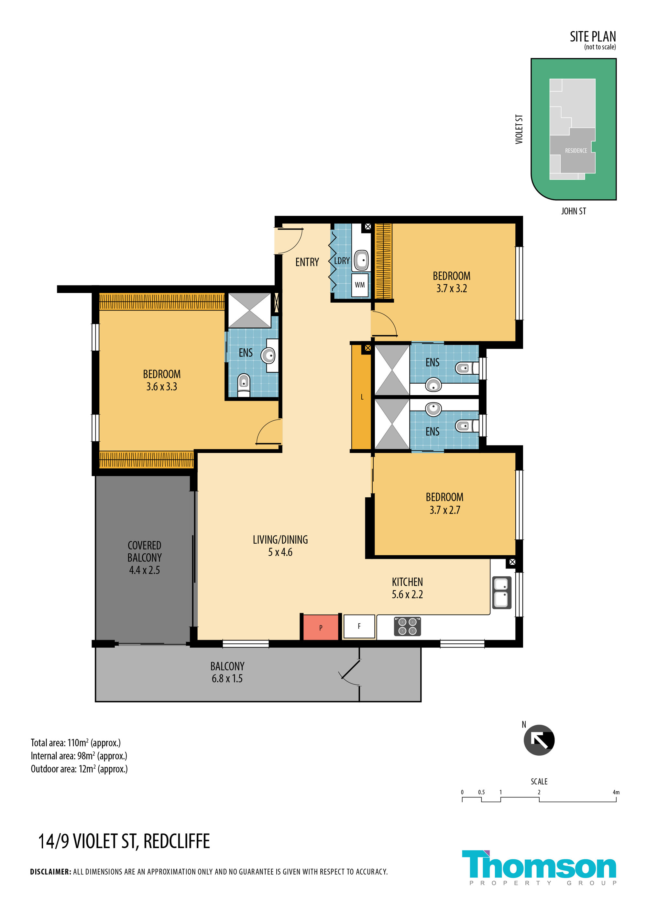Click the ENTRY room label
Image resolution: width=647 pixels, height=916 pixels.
[307, 262]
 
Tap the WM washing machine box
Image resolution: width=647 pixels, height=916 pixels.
[360, 285]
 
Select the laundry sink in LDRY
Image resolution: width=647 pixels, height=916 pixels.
[362, 261]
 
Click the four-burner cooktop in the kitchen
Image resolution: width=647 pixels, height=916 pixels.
[407, 626]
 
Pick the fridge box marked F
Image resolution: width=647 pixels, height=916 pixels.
[359, 626]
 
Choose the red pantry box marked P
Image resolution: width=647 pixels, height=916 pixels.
[321, 628]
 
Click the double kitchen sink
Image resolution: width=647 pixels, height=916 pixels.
[501, 593]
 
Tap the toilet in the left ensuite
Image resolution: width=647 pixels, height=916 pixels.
[244, 385]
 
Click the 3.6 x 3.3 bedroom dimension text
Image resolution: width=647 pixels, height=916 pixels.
[161, 386]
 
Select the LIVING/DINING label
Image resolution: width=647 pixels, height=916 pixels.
[280, 540]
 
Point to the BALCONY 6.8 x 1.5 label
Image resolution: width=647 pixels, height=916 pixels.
[227, 672]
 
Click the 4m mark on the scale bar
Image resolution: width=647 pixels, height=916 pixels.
[616, 792]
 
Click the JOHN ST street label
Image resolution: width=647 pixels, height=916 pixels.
[574, 211]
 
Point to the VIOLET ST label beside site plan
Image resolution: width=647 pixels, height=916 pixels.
[519, 129]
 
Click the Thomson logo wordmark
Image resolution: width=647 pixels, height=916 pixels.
[539, 865]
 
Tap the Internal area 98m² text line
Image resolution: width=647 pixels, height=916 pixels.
[79, 756]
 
